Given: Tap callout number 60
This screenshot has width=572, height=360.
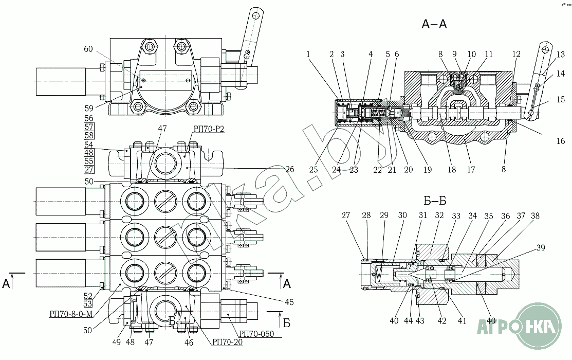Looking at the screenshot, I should (88, 49).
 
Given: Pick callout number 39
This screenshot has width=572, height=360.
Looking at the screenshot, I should (541, 248).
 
